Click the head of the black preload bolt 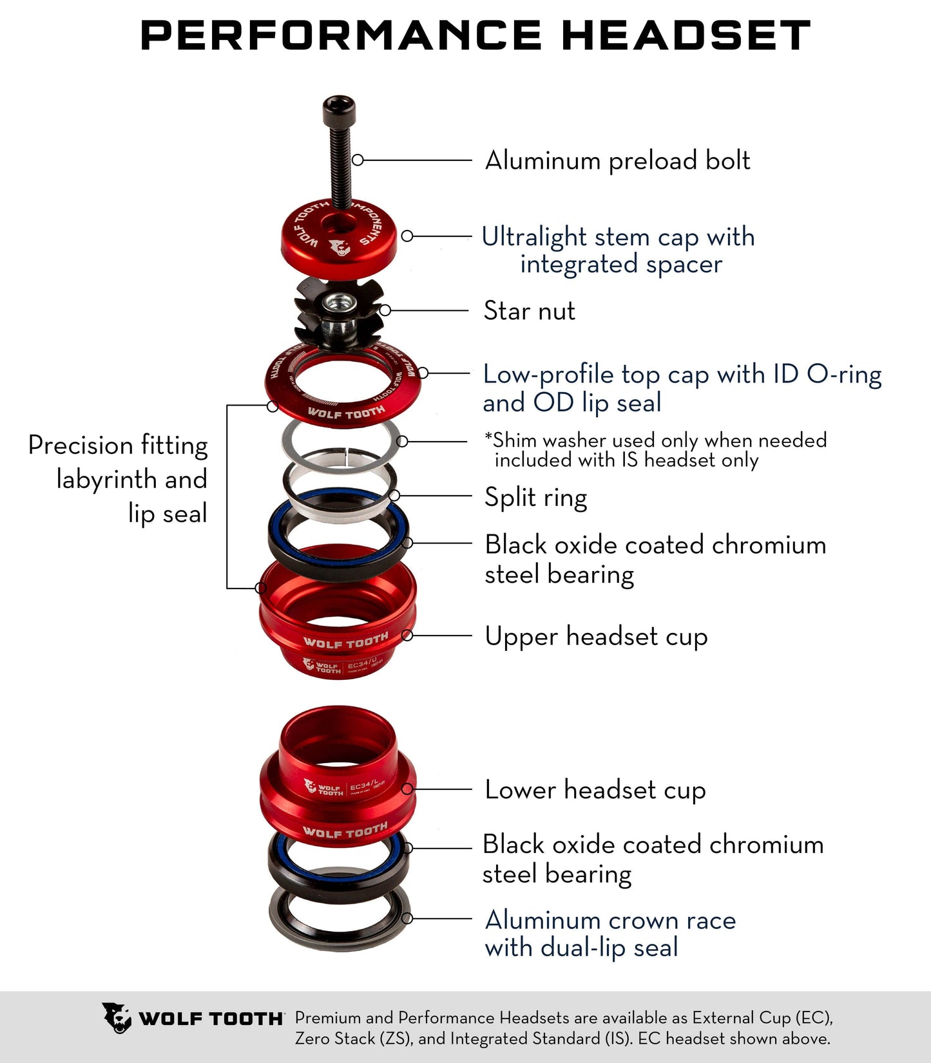click(x=340, y=107)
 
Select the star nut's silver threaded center click(x=337, y=303)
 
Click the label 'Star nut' click(x=529, y=311)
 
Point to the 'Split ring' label click(x=535, y=498)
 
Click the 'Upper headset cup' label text click(x=596, y=637)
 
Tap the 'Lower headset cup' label click(x=595, y=790)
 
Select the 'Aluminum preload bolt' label click(x=617, y=161)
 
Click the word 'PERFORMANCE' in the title click(x=341, y=35)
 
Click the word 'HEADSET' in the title click(x=686, y=35)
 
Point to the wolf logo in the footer click(x=117, y=1018)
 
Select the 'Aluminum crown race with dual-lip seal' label click(x=609, y=934)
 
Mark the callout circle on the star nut click(x=385, y=310)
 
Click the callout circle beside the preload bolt click(x=358, y=160)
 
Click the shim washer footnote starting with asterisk click(x=655, y=450)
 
